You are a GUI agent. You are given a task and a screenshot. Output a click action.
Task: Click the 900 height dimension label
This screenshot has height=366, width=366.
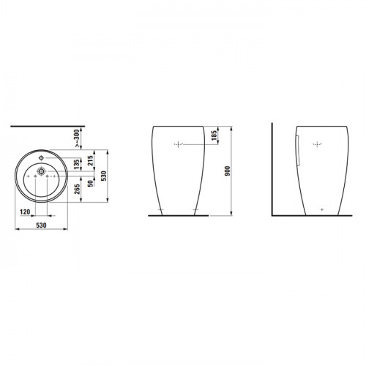tap(228, 171)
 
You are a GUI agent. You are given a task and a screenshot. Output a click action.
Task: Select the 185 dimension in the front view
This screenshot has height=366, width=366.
tap(214, 135)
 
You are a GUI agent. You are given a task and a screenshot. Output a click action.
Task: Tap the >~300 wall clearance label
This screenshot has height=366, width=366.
tap(77, 138)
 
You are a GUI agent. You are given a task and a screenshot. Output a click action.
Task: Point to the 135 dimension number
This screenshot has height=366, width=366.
tap(77, 165)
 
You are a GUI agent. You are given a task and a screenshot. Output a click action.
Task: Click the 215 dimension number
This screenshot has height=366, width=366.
tap(91, 161)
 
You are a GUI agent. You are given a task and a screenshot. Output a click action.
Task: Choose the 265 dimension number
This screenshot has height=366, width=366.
tap(77, 189)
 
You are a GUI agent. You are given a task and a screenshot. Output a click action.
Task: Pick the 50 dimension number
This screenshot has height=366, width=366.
tap(91, 184)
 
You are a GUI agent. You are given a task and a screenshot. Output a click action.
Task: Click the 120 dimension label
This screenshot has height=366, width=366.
tap(25, 212)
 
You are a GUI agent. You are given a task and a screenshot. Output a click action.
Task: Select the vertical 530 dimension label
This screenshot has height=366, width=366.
tap(104, 176)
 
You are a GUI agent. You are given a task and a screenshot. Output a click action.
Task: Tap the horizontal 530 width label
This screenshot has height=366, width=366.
tap(41, 225)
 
